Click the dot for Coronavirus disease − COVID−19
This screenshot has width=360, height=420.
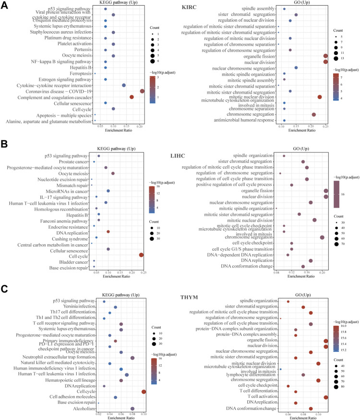tap(142, 91)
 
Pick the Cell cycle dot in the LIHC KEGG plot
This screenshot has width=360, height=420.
tap(141, 255)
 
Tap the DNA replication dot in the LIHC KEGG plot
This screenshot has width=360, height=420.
tap(108, 232)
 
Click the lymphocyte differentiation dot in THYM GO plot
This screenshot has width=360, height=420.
tap(303, 374)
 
